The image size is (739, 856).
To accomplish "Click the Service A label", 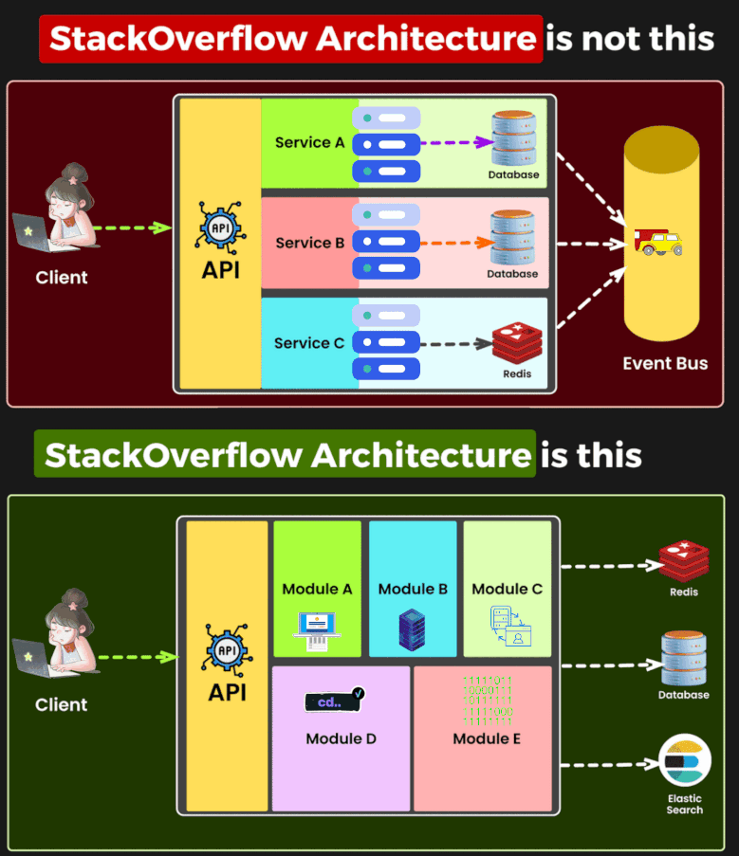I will tap(309, 142).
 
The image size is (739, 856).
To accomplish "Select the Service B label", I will tap(309, 243).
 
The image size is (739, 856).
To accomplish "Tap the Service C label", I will tap(309, 343).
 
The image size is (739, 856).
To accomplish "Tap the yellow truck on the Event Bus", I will tap(659, 243).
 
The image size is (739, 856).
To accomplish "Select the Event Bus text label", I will tap(665, 364).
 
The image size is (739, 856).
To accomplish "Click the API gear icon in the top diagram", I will tap(220, 228).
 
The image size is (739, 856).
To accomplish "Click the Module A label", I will tap(317, 589).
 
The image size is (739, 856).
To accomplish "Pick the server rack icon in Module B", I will tap(412, 629).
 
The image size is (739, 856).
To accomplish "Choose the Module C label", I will tap(508, 589).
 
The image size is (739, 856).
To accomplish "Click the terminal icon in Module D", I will tap(335, 701).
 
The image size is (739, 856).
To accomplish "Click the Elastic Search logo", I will tap(685, 763).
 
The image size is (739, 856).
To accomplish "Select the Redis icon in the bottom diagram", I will tap(684, 560).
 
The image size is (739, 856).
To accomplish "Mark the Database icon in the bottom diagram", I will tap(684, 660).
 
